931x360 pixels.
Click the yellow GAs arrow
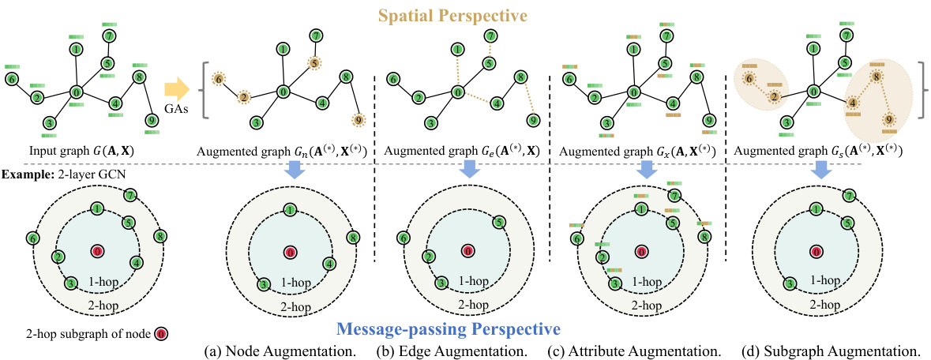pyautogui.click(x=178, y=88)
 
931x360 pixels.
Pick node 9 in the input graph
pyautogui.click(x=150, y=121)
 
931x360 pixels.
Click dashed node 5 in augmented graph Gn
pyautogui.click(x=314, y=62)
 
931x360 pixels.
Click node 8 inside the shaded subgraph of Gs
pyautogui.click(x=876, y=77)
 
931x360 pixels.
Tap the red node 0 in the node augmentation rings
pyautogui.click(x=290, y=252)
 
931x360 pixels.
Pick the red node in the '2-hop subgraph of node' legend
pyautogui.click(x=161, y=334)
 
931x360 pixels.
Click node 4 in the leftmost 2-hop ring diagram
pyautogui.click(x=137, y=263)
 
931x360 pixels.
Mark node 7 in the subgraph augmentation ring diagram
pyautogui.click(x=848, y=196)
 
